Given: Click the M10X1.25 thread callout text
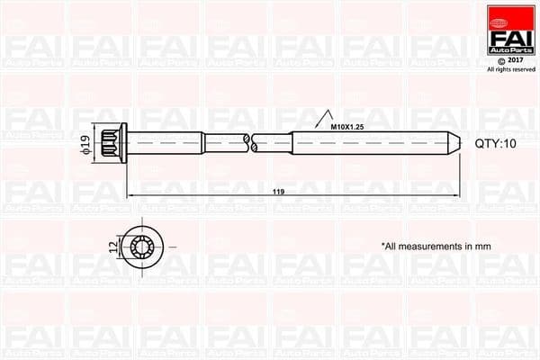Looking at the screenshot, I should pos(348,127).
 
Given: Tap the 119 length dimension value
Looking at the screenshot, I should pos(278,191).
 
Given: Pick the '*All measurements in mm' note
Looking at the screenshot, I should pos(436,245).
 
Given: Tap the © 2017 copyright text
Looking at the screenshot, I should pos(508,60).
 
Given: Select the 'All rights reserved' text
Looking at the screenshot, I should pos(508,69).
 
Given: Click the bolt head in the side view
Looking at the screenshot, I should pos(112,142).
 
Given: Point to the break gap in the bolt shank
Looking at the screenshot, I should pos(249,142).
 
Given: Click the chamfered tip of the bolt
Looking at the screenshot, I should pos(455,142).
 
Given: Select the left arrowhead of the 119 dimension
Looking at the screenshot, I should pos(130,195).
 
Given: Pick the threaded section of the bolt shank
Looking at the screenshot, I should pos(369,142).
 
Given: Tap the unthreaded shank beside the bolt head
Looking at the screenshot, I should pos(166,142).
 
